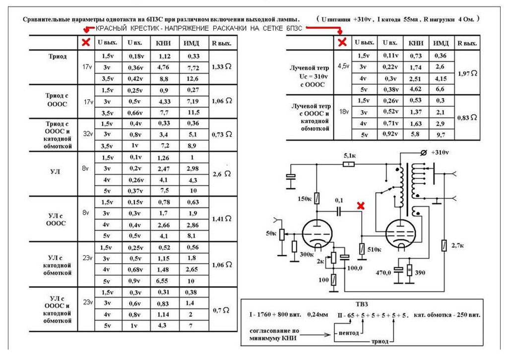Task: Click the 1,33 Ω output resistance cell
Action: (222, 67)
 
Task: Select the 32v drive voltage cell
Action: (88, 134)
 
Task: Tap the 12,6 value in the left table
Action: (192, 78)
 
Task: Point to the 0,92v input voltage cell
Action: (390, 134)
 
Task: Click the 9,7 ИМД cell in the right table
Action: (441, 135)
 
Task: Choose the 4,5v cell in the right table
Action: (343, 66)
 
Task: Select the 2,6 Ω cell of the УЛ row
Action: (222, 174)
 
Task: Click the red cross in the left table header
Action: (86, 42)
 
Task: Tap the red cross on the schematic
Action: (361, 206)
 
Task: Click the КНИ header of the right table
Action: (416, 43)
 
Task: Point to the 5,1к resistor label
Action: (350, 156)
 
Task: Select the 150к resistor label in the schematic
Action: (305, 199)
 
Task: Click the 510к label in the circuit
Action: (374, 249)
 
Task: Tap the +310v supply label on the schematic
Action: (440, 152)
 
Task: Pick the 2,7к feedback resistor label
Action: (457, 245)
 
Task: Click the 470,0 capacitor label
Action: (383, 273)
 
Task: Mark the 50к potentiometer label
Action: (271, 233)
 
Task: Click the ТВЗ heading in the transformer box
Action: (362, 304)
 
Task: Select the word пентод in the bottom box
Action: (349, 333)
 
